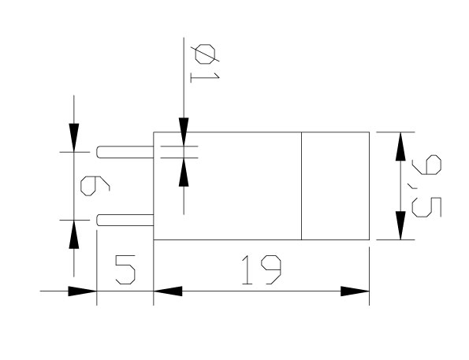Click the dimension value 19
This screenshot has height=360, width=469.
point(261,269)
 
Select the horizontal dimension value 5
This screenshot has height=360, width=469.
point(125,269)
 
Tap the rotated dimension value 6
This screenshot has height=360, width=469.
point(95,186)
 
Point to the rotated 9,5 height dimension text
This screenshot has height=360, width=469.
point(426,186)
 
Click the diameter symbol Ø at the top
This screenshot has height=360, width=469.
point(205,54)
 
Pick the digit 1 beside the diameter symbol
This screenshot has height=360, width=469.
point(205,77)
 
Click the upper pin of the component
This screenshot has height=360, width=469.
point(125,152)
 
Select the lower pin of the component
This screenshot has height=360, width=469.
point(125,220)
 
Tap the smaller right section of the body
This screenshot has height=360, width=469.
point(335,186)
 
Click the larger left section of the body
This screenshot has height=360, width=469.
point(227,186)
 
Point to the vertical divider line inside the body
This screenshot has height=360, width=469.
point(301,186)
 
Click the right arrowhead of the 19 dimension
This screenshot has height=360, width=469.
point(355,291)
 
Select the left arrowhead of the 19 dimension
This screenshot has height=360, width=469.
point(168,291)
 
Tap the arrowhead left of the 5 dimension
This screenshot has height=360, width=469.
point(82,291)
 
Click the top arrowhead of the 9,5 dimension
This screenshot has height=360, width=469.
point(400,147)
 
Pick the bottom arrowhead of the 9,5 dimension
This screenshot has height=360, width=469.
point(400,225)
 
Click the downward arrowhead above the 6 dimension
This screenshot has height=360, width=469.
point(74,138)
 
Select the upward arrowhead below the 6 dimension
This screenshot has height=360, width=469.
point(74,235)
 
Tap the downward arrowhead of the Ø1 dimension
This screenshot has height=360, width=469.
point(184,132)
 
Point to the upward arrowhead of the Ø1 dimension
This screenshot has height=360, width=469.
point(184,172)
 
